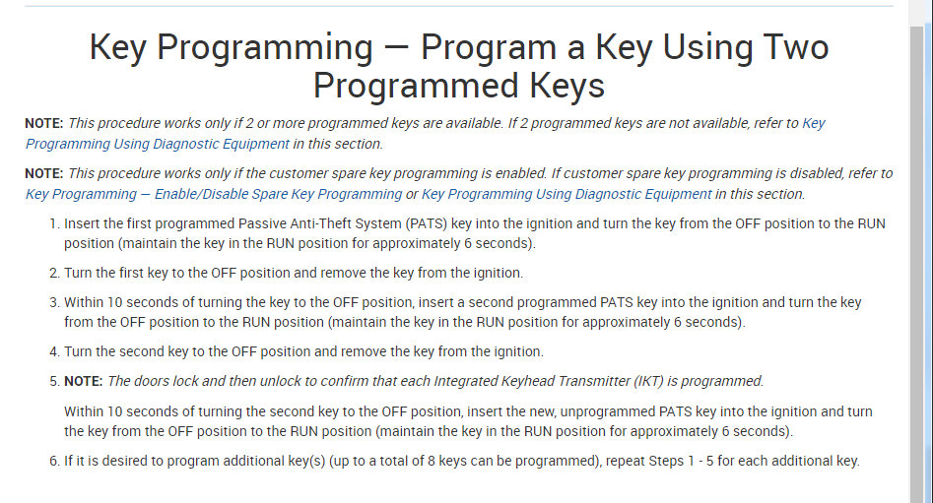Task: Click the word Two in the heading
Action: coord(790,46)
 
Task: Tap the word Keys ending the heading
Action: coord(567,86)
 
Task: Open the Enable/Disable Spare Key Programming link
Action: coord(214,195)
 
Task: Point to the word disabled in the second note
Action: coord(816,173)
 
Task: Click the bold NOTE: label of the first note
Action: coord(44,124)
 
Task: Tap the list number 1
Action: coord(54,223)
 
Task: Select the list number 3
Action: coord(54,302)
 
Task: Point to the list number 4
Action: coord(54,351)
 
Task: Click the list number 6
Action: coord(54,461)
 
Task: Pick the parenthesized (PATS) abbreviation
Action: coord(426,223)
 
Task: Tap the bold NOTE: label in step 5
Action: coord(84,381)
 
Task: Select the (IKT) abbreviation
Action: coord(648,381)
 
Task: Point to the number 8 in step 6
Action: coord(432,461)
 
